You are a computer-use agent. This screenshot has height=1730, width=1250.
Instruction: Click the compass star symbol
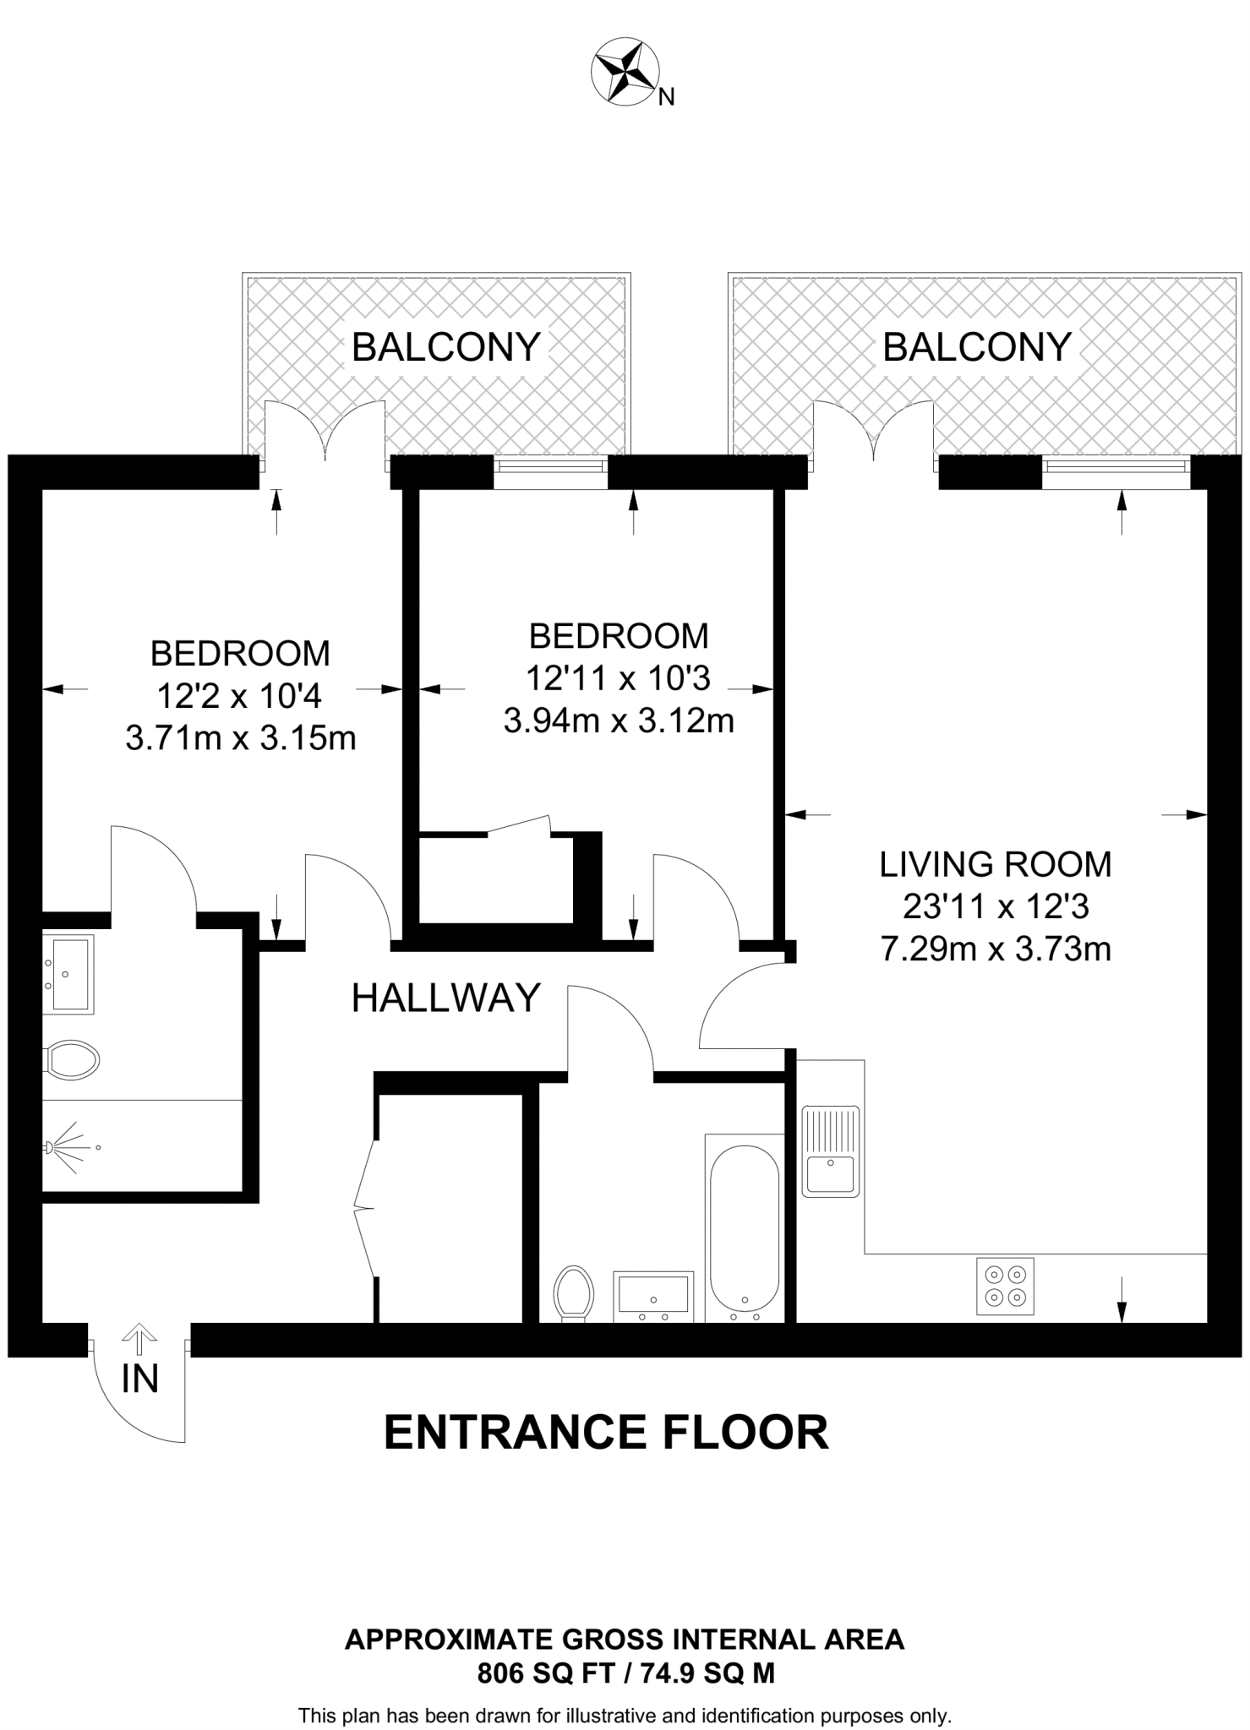click(625, 73)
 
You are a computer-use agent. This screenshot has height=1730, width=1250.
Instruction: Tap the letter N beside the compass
click(666, 98)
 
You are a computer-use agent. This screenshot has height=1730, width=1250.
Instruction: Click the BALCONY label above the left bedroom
click(445, 347)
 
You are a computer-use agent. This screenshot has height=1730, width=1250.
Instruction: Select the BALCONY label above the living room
click(976, 347)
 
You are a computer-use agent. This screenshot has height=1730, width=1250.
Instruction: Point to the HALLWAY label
click(445, 998)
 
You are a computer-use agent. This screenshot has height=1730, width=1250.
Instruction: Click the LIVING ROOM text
click(995, 864)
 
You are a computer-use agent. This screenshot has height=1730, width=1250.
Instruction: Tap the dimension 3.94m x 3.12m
click(618, 721)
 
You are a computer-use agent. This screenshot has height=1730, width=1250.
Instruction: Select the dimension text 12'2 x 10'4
click(240, 696)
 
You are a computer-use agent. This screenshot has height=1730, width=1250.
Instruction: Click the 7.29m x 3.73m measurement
click(995, 949)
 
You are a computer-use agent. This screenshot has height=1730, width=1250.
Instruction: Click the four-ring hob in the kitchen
click(1005, 1286)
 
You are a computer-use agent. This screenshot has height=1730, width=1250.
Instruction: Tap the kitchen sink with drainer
click(830, 1151)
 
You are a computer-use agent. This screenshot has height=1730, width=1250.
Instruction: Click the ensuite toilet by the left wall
click(73, 1059)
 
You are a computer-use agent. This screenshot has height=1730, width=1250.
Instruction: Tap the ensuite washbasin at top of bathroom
click(70, 973)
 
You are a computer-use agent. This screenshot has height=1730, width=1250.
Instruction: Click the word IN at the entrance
click(139, 1379)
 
